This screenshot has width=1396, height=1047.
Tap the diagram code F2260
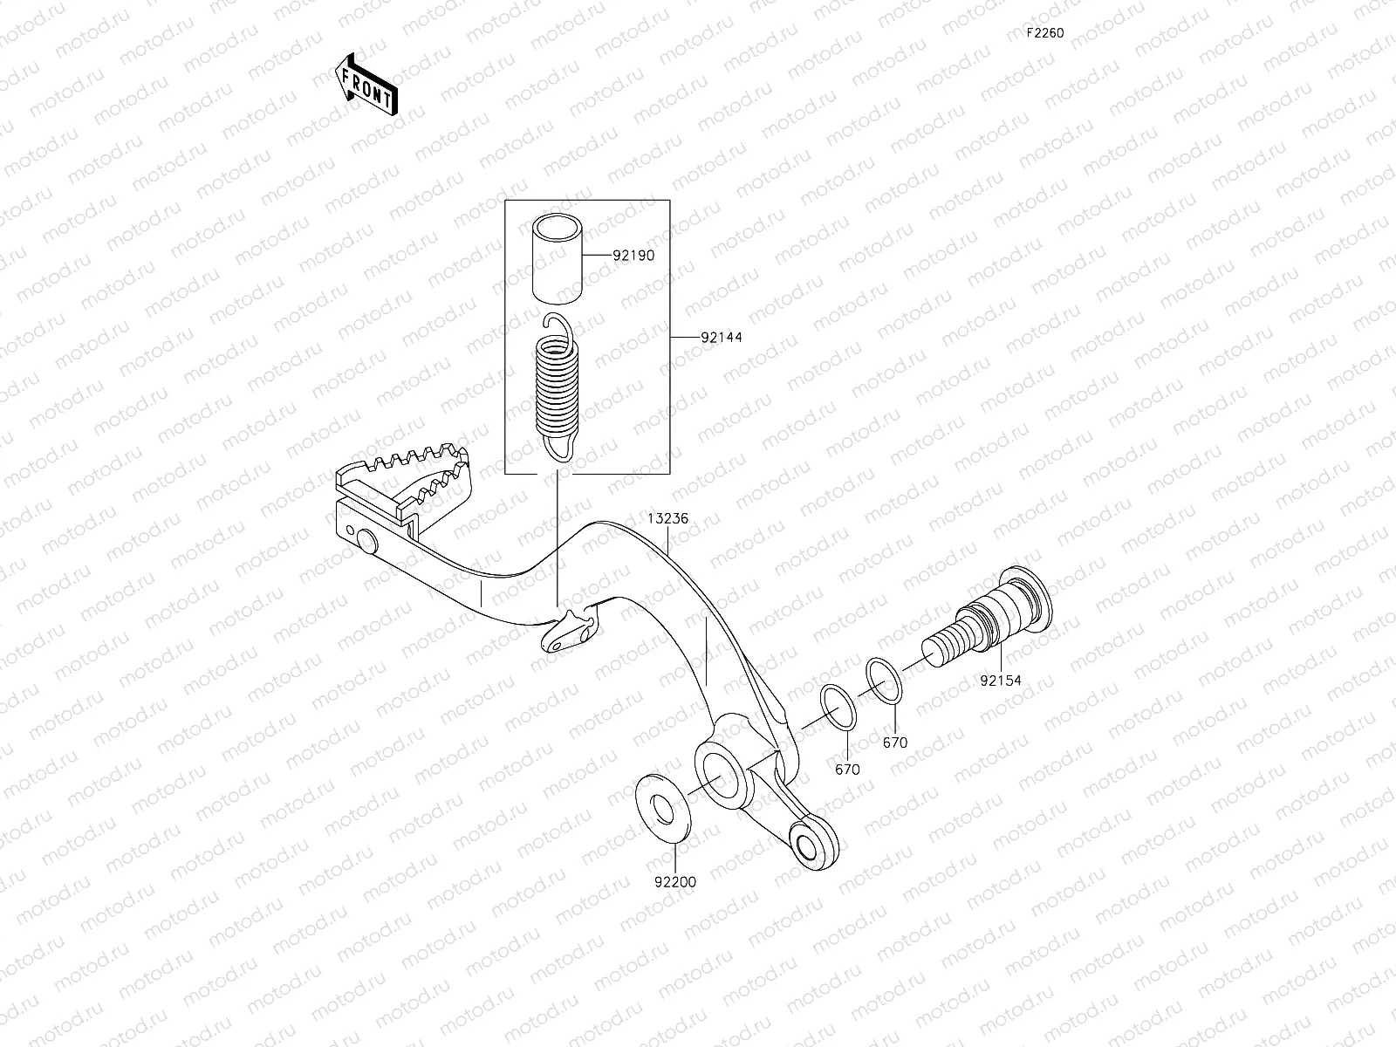(x=1044, y=33)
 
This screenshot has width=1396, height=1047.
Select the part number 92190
(x=633, y=256)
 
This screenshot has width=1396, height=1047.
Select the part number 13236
(x=667, y=518)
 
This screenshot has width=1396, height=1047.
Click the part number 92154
(x=1000, y=680)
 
